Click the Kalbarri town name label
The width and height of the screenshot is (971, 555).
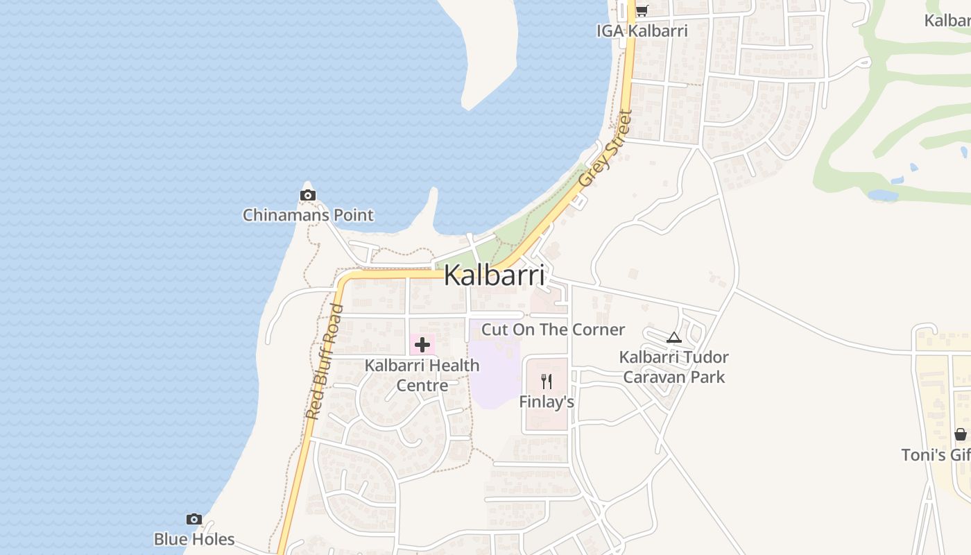coord(494,275)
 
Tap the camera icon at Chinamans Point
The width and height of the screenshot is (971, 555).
coord(308,196)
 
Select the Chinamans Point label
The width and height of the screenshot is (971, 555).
coord(308,215)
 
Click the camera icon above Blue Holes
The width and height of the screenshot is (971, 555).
coord(194,519)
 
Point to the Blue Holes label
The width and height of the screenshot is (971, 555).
coord(194,539)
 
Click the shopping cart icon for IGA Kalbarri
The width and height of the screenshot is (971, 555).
coord(642,11)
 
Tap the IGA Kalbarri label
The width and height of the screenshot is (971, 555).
coord(642,31)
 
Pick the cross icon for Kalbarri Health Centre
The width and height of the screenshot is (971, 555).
coord(422,344)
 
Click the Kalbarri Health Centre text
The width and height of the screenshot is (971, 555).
coord(422,375)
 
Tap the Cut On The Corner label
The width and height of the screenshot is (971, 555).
coord(553,330)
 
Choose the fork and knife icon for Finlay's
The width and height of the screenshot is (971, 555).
coord(547,381)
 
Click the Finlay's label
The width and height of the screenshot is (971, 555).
coord(547,402)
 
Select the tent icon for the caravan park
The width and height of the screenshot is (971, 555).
coord(673,338)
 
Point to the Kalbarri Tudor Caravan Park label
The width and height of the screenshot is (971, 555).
coord(674,367)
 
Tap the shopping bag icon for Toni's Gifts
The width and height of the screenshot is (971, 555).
coord(961,434)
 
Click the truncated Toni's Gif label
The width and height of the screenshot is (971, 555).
coord(936,455)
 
